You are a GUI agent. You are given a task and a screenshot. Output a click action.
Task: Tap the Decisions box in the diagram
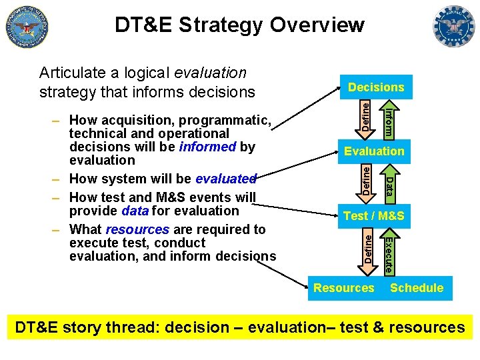375,87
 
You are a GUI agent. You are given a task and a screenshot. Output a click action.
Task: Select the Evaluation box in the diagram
374,151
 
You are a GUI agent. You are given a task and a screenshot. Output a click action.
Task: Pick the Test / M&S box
374,215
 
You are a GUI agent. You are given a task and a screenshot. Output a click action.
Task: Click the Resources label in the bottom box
343,288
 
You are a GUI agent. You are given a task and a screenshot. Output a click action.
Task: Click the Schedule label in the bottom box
417,288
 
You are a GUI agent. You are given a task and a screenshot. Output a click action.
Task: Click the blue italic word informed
208,147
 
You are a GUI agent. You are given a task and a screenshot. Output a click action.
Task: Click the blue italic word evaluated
225,179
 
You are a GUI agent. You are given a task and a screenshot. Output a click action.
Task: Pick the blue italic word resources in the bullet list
137,229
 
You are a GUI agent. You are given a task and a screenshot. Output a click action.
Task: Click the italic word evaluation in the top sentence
209,72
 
